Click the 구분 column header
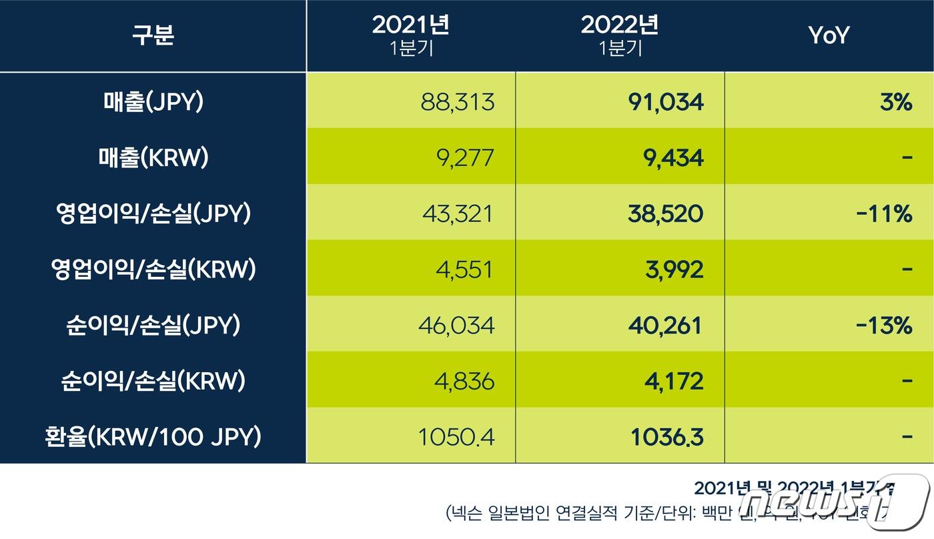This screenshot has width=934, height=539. click(x=153, y=35)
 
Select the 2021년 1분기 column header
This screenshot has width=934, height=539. click(x=410, y=35)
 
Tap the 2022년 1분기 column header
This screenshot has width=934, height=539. click(x=619, y=35)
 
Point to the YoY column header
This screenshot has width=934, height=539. click(x=829, y=35)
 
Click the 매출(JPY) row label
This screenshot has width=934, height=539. click(x=153, y=102)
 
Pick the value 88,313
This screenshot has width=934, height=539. click(x=458, y=102)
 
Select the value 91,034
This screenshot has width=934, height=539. click(x=665, y=102)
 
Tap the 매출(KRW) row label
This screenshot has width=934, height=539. click(x=153, y=158)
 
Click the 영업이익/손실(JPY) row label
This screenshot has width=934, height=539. click(x=153, y=214)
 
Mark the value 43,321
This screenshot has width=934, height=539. click(x=458, y=214)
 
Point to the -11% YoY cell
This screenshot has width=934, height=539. click(x=883, y=214)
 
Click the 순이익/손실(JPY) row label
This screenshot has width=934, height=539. click(x=153, y=326)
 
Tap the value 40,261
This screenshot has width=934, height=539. click(x=665, y=326)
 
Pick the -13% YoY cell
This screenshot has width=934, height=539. click(x=883, y=326)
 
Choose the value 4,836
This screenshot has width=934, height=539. click(x=464, y=382)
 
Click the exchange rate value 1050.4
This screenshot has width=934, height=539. click(x=456, y=438)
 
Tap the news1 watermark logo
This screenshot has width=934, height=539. click(x=834, y=502)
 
